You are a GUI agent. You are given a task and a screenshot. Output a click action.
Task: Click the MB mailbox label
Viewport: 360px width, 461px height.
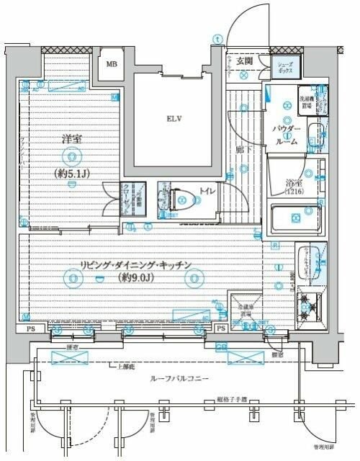tap(112, 63)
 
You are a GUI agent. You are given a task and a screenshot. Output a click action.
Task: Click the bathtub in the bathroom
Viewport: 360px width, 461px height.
tap(295, 218)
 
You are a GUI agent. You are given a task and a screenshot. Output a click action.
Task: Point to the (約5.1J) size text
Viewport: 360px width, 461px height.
tap(71, 174)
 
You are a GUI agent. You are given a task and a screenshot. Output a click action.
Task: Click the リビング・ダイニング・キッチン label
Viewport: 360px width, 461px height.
tap(137, 265)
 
